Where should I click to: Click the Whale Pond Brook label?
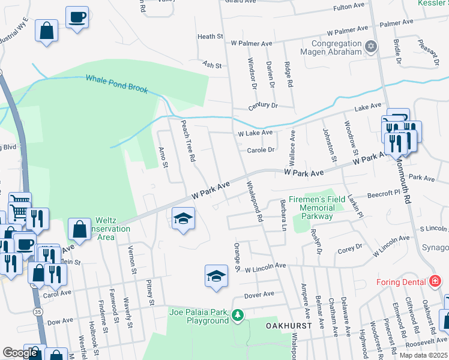(116, 83)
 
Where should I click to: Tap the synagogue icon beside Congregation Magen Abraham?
(371, 46)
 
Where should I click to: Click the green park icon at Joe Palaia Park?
(238, 314)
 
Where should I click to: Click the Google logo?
(20, 353)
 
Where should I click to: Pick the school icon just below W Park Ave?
(184, 218)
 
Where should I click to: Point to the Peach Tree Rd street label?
(189, 141)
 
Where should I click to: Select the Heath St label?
(210, 37)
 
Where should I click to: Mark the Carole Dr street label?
(261, 150)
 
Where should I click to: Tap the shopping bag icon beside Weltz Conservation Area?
(79, 229)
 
